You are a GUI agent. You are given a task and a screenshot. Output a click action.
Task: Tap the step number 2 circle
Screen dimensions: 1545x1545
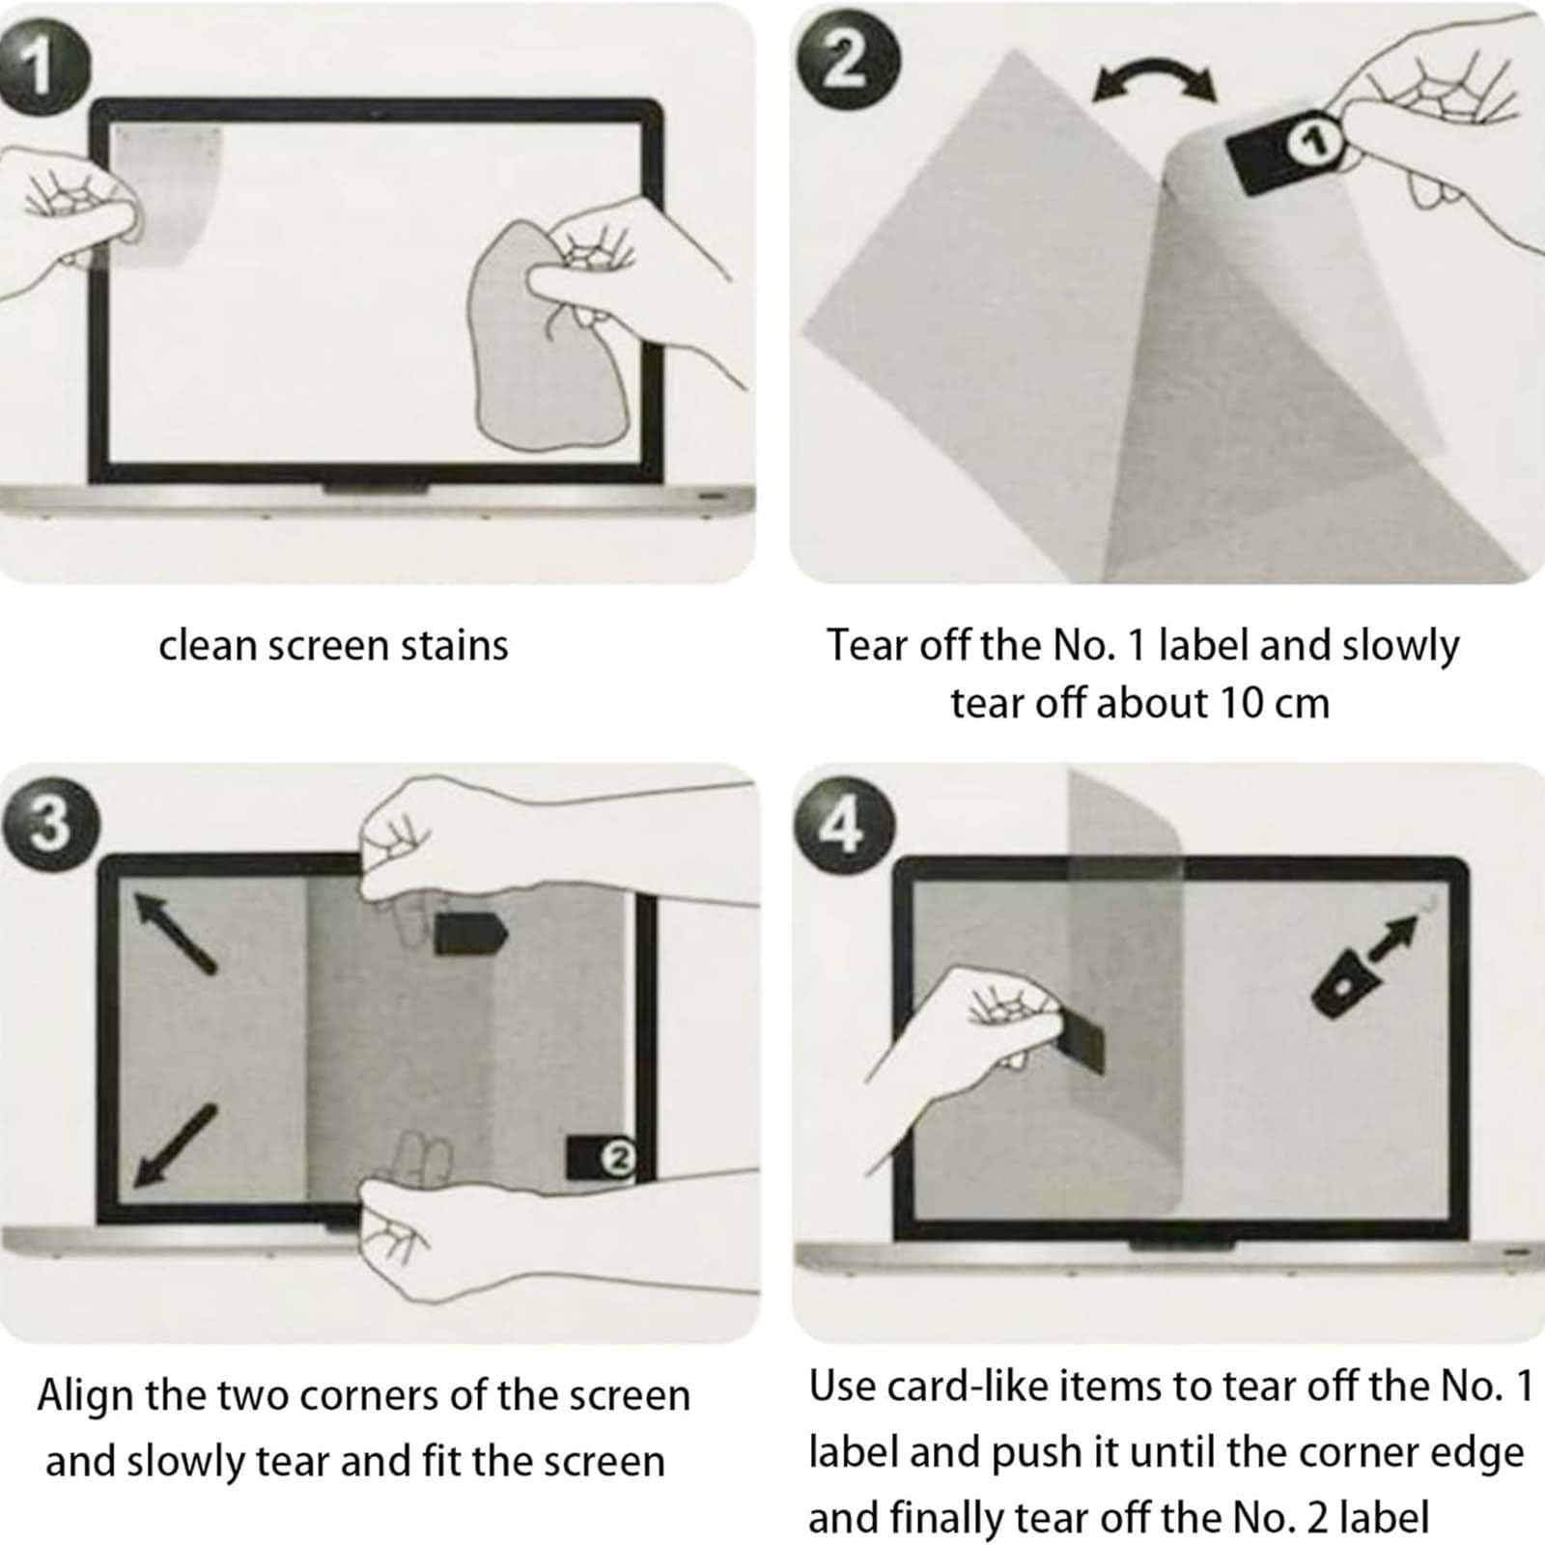coord(847,64)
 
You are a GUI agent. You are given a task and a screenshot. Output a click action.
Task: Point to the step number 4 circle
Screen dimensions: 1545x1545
coord(844,827)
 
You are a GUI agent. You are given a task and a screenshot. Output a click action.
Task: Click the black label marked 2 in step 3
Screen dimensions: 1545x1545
coord(600,1157)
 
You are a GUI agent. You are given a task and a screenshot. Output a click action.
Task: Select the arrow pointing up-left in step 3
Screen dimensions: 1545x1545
coord(174,931)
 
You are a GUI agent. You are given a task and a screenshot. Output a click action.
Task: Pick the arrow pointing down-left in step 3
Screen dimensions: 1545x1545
coord(174,1145)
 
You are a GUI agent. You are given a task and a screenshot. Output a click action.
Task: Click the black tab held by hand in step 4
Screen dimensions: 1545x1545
coord(1080,1041)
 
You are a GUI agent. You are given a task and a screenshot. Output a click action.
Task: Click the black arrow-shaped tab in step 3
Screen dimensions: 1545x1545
coord(470,933)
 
